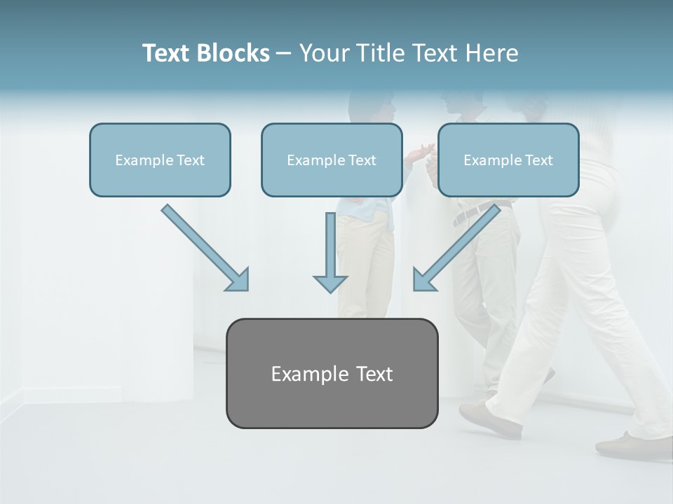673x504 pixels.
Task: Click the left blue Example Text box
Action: tap(160, 160)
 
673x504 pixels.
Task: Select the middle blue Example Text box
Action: tap(332, 160)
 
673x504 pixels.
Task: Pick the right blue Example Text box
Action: tap(508, 160)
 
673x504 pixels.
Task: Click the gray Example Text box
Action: tap(332, 373)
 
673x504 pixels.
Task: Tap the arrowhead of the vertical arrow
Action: tap(330, 283)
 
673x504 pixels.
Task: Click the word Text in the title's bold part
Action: tap(166, 53)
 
